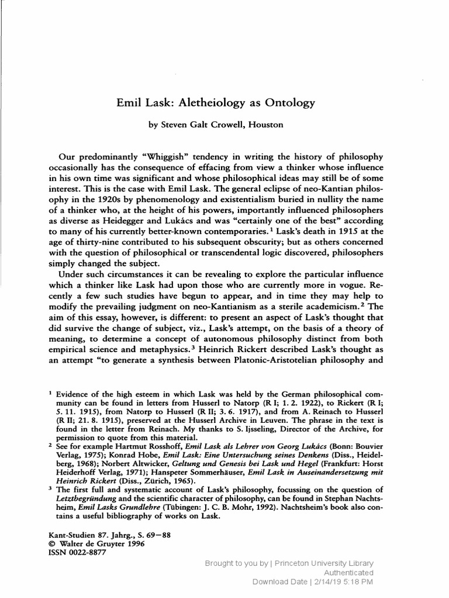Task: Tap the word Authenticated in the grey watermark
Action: [347, 572]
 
